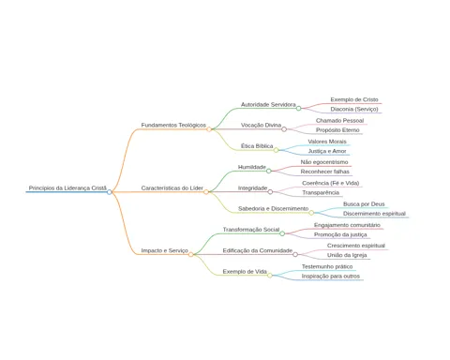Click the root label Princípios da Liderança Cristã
click(x=67, y=187)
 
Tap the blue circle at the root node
click(x=109, y=192)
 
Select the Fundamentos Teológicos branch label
click(x=173, y=125)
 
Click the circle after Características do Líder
click(x=206, y=192)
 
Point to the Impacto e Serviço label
click(x=164, y=250)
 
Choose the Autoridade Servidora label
click(x=268, y=104)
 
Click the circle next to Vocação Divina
click(x=284, y=129)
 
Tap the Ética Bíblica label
click(x=257, y=146)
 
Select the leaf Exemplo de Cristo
click(x=354, y=99)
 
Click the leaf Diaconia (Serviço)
click(x=354, y=109)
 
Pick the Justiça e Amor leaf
click(x=327, y=151)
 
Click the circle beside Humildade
click(x=269, y=171)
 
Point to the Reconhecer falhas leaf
click(x=324, y=172)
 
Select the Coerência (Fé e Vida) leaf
click(x=331, y=183)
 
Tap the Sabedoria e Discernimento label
click(x=273, y=208)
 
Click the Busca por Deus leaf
click(x=364, y=204)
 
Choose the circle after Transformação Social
click(x=282, y=233)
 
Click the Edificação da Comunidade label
click(x=258, y=250)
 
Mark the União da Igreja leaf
click(x=347, y=255)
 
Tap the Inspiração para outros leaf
click(x=331, y=276)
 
